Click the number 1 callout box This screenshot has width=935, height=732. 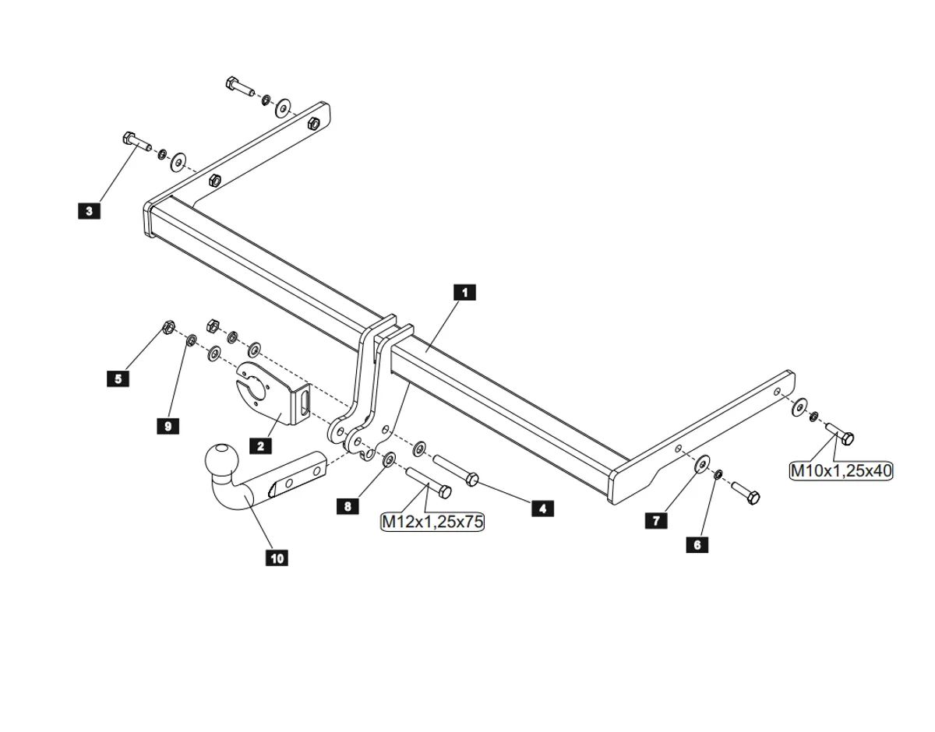coord(464,292)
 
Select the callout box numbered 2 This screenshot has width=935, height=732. coord(259,445)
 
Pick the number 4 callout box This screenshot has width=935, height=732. coord(542,509)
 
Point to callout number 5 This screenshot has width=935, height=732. coord(118,378)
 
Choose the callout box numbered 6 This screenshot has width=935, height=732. coord(697,544)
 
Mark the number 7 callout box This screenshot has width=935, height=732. coord(656,520)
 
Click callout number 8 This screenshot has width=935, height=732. coord(348,506)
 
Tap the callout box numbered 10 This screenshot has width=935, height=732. coord(277,558)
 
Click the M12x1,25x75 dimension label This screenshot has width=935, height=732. coord(432,522)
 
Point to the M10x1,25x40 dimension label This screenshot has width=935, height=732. coord(841,470)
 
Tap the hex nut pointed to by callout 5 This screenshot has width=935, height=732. coord(166,327)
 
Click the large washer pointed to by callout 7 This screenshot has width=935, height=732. coord(701,465)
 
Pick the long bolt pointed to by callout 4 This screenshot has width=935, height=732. coord(456,470)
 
